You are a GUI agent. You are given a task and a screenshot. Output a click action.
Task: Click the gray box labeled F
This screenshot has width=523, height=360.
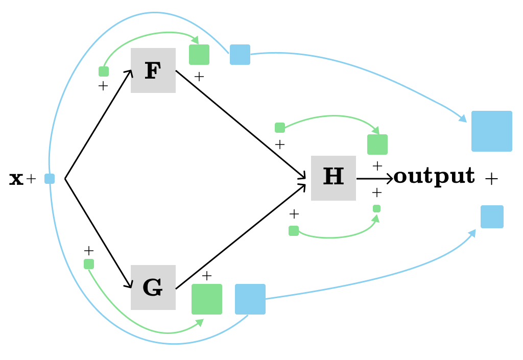tap(153, 70)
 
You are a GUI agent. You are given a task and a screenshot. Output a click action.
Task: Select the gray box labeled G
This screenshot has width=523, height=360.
tap(153, 287)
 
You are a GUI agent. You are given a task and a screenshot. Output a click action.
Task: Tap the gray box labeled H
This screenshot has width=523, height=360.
tap(334, 178)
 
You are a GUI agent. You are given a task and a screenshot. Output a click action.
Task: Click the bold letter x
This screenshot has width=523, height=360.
tap(16, 179)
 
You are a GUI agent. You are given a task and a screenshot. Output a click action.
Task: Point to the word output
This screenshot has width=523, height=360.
tap(434, 176)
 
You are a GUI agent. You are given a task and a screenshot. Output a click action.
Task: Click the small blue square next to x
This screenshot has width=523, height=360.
tap(50, 179)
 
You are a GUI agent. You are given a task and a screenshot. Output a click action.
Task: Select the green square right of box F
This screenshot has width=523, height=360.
tap(199, 55)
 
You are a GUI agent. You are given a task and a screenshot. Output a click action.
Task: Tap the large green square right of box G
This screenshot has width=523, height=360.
tap(207, 299)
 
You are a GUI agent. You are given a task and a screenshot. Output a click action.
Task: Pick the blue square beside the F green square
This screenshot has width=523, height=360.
tap(240, 55)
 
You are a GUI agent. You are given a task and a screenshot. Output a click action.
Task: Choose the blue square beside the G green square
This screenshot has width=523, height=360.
tap(250, 299)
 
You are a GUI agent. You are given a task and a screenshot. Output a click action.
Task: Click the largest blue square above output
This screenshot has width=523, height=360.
tap(492, 131)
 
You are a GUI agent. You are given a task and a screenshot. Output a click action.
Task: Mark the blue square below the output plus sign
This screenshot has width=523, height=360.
tap(492, 217)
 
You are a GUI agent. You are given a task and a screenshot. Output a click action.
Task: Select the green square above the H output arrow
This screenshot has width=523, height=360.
tap(377, 145)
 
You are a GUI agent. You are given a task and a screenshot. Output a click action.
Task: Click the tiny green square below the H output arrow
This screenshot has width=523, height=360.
tap(376, 208)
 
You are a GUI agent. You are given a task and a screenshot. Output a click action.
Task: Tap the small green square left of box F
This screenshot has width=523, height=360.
tap(104, 71)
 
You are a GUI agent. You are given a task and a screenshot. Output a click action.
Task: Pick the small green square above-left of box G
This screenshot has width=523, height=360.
tap(89, 264)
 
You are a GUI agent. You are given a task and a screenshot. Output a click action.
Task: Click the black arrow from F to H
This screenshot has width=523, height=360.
tap(240, 124)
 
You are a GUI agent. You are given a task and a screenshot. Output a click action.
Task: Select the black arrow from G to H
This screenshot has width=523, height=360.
tap(240, 236)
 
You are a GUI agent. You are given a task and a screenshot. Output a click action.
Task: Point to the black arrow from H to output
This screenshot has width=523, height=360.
tap(374, 179)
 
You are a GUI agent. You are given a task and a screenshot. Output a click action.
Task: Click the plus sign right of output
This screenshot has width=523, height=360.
tap(491, 179)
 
